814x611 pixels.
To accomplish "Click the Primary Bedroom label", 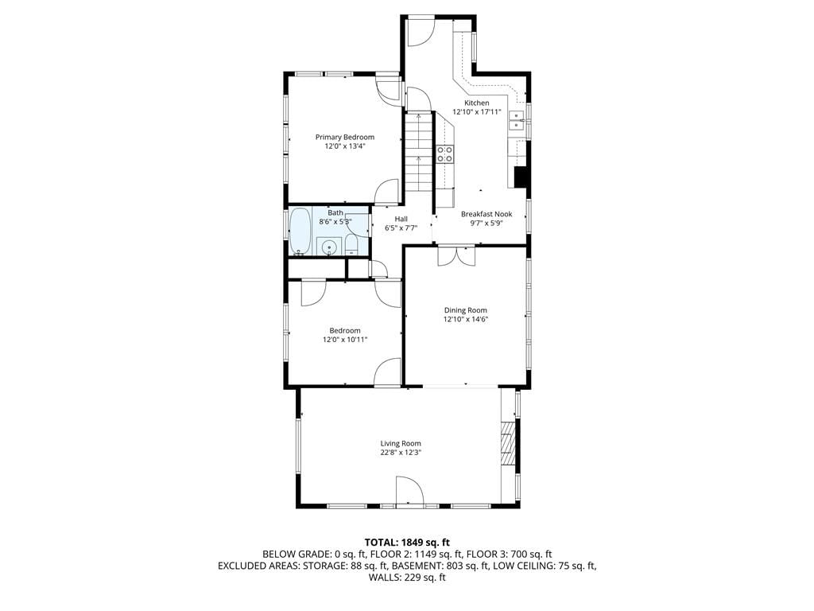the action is click(345, 137).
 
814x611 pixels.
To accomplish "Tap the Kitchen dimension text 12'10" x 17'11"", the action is click(477, 111).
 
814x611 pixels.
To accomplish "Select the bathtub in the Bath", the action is click(300, 232).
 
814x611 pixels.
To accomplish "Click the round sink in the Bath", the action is click(328, 247).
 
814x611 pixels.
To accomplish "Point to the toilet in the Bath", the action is click(351, 245).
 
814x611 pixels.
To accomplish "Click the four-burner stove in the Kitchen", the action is click(445, 154).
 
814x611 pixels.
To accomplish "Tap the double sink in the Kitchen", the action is click(517, 121).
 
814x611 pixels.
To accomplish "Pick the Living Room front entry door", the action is click(409, 490).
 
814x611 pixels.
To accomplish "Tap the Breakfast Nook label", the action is click(486, 214).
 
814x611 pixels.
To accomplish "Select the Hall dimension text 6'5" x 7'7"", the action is click(401, 228).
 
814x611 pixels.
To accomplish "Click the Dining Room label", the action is click(466, 310).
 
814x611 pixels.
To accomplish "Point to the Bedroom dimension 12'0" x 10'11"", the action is click(345, 340).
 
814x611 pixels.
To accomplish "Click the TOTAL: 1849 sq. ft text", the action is click(407, 543).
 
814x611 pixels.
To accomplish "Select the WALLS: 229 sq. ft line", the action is click(407, 578).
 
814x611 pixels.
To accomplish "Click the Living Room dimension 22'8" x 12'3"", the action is click(401, 453).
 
